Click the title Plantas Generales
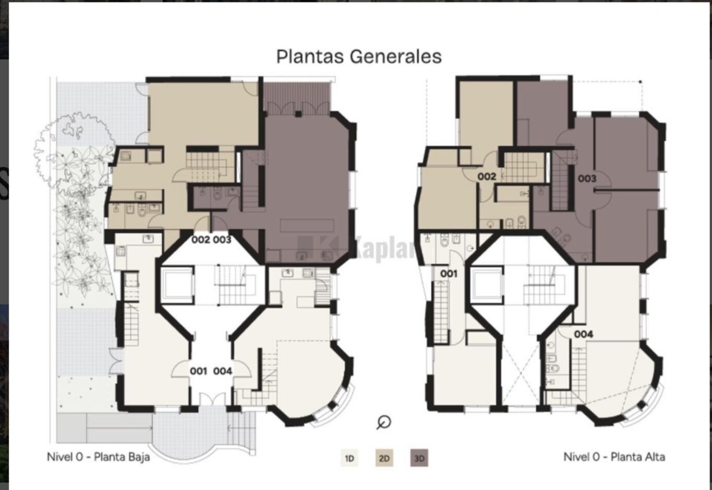(x=359, y=57)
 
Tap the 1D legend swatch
(x=349, y=458)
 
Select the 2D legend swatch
(x=384, y=458)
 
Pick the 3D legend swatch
(x=419, y=458)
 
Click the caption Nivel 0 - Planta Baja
(x=98, y=457)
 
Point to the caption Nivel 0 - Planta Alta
(x=614, y=457)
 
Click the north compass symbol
(x=384, y=423)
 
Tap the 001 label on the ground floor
(x=199, y=371)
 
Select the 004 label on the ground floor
(x=223, y=371)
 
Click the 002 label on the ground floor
(x=201, y=240)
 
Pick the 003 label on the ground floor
(x=222, y=240)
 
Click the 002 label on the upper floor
(x=487, y=177)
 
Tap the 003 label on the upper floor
(x=587, y=179)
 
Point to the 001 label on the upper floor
(x=449, y=274)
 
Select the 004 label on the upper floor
(x=584, y=334)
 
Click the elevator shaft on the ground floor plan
(x=176, y=284)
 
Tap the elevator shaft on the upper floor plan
(x=487, y=284)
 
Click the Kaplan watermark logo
(x=356, y=248)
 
